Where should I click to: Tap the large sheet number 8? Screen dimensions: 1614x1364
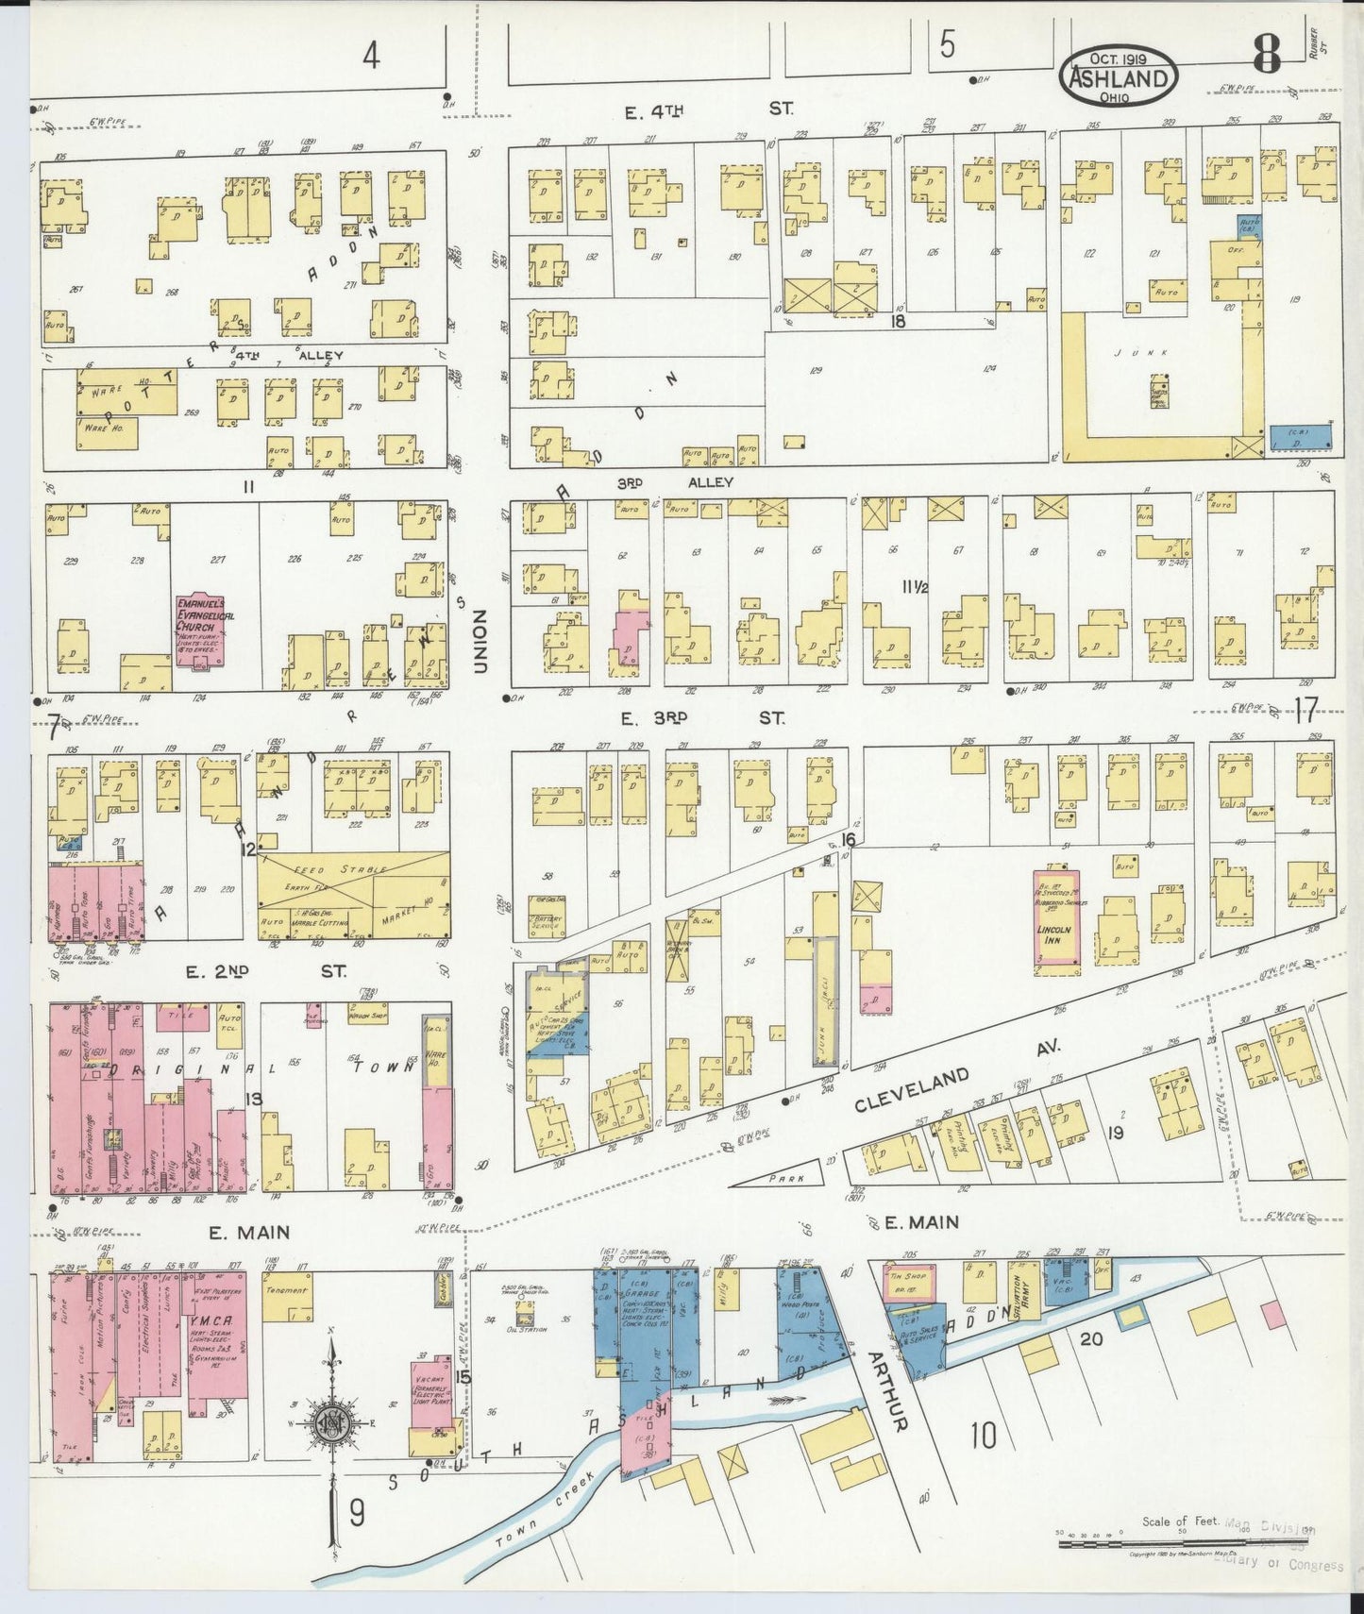tap(1266, 59)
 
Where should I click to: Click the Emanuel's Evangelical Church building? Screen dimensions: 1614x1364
tap(204, 630)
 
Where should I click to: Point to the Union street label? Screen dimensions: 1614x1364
tap(480, 639)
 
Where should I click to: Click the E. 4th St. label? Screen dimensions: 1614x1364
tap(708, 110)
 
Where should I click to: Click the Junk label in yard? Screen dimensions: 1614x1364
tap(1153, 351)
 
